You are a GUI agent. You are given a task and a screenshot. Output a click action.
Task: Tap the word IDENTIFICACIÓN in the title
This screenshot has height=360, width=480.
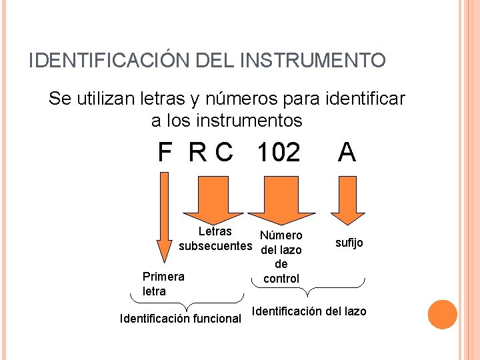pos(110,61)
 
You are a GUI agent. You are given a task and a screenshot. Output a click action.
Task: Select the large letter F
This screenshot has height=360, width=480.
pos(165,153)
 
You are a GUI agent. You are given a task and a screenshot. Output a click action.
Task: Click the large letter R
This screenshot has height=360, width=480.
pos(197,153)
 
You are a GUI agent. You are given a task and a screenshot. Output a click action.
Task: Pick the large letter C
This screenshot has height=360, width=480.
pos(224,153)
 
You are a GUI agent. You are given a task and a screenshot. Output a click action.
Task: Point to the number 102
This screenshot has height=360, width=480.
pos(278,153)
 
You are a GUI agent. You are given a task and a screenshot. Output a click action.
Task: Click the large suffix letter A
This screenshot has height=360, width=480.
pos(347,153)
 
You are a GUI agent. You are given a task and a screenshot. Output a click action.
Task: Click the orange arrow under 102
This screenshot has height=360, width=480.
pos(280,200)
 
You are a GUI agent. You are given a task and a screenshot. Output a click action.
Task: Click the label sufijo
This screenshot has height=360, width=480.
pos(349,243)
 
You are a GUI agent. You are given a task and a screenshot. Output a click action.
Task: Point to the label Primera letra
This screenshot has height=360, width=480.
pos(163,283)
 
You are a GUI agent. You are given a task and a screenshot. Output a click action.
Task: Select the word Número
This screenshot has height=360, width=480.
pos(281,235)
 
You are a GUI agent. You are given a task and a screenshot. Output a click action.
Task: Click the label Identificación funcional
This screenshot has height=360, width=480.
pos(180,319)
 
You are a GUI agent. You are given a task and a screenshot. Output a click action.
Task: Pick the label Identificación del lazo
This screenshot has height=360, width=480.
pos(309,311)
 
